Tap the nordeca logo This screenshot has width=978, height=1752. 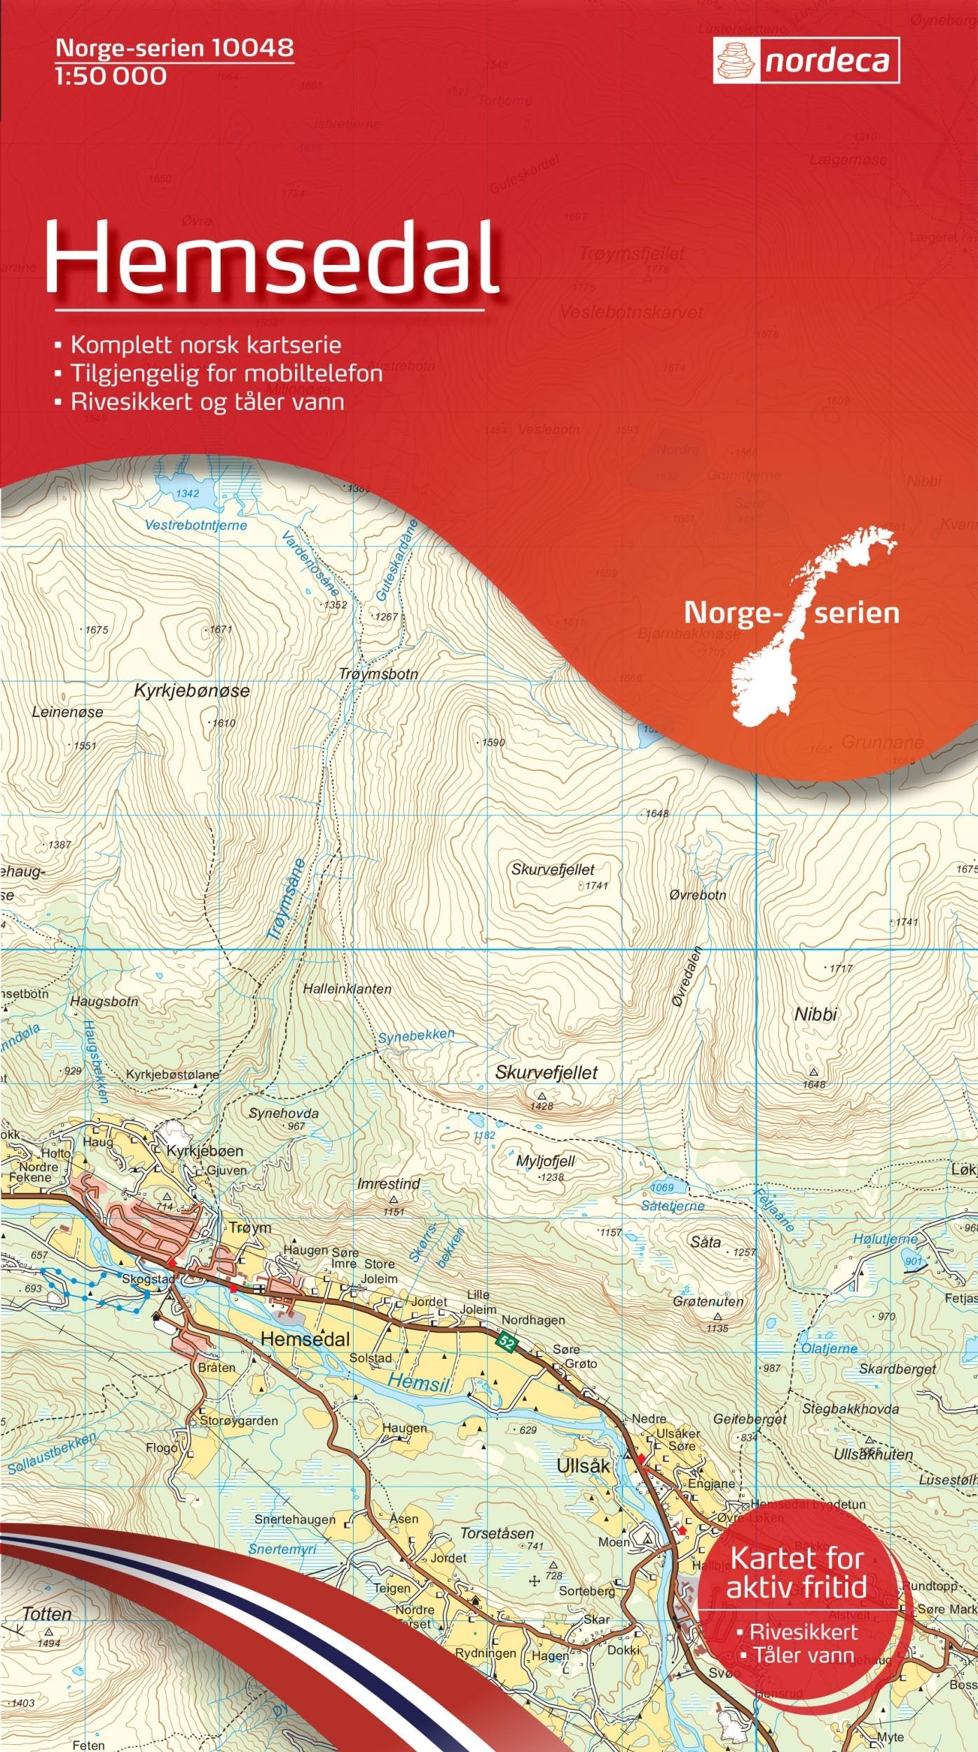point(806,62)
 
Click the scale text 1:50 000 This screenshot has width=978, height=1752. point(110,76)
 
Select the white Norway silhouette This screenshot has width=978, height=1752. point(806,631)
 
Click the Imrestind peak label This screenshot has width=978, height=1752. point(388,1184)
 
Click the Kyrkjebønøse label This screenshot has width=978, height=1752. point(191,691)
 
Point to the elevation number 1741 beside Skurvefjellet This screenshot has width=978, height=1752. point(596,886)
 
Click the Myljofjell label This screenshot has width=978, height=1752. point(545,1161)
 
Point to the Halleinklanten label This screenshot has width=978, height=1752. point(347,989)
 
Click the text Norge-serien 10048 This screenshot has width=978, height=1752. point(174,48)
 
